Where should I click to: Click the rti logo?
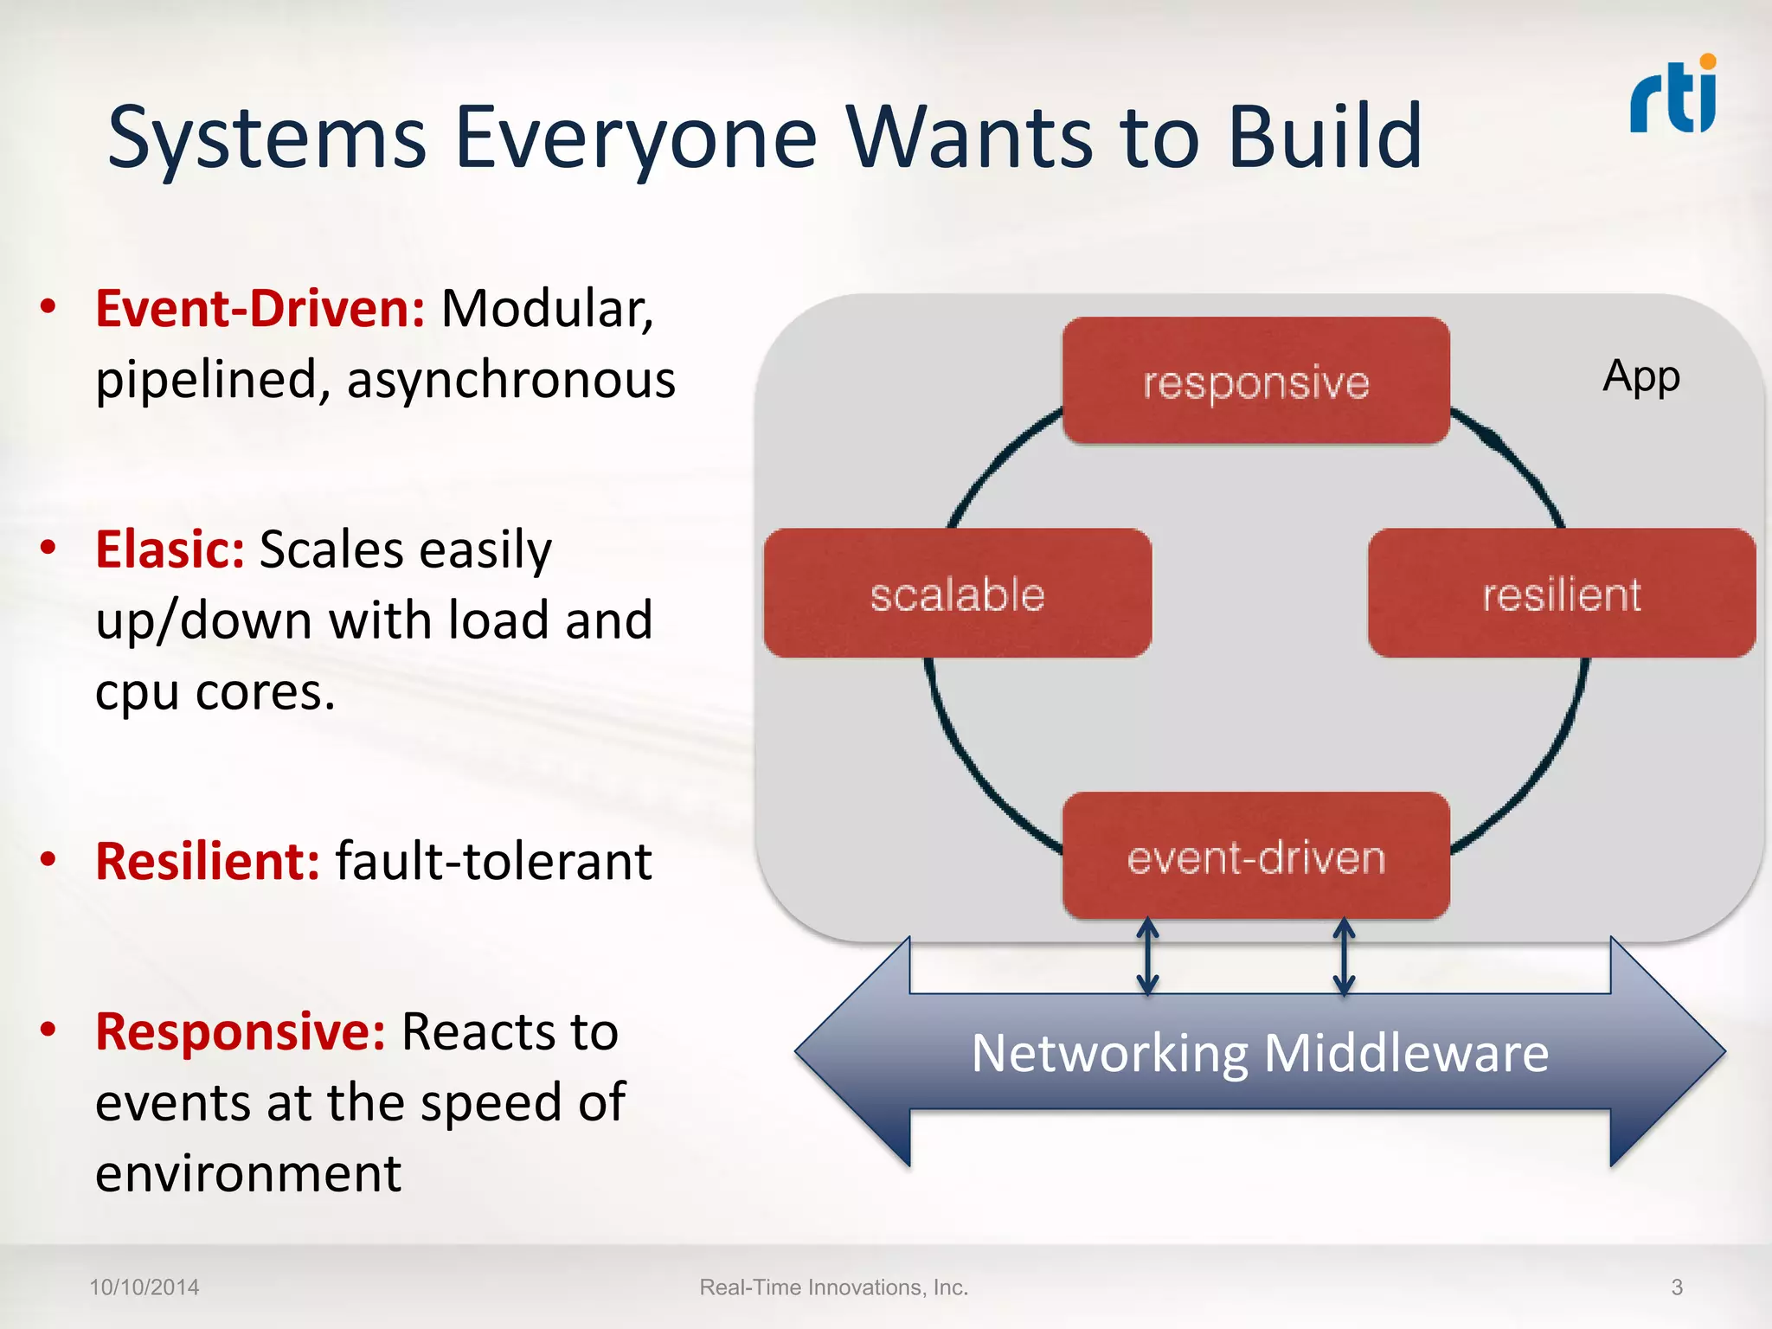1673,95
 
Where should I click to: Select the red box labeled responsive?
1255,382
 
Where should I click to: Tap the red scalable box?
957,594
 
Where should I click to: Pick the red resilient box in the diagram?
1561,594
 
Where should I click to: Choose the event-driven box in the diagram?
1255,857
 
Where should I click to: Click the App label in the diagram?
1640,376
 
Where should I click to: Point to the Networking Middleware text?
1260,1053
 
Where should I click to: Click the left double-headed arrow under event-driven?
1147,956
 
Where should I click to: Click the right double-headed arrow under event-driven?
1344,956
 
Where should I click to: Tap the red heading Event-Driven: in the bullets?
260,309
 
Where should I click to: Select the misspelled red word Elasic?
170,549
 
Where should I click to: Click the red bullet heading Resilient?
208,861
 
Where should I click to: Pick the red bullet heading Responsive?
240,1031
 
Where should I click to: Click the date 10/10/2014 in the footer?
144,1287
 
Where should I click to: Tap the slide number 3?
1677,1287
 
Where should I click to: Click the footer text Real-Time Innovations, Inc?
833,1287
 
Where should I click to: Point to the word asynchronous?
510,381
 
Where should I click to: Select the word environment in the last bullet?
248,1174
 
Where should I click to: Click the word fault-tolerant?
493,861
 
